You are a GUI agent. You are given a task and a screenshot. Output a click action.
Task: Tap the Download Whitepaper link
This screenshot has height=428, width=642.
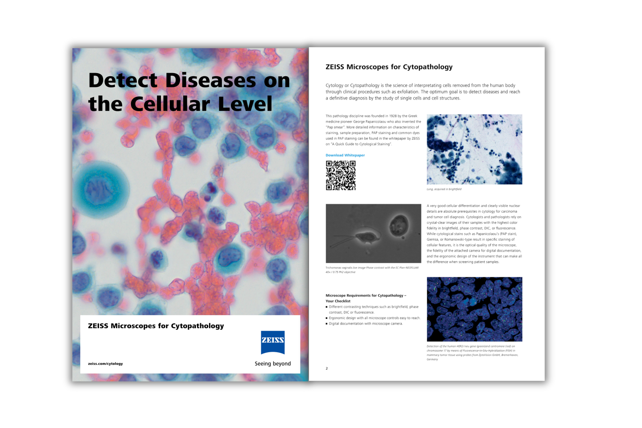[345, 155]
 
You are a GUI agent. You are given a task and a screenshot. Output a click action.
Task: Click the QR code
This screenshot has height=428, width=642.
[341, 176]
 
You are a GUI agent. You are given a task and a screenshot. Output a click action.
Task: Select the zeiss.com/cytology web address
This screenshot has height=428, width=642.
[105, 364]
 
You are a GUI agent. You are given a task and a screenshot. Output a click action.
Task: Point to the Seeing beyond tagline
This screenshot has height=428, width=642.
[272, 364]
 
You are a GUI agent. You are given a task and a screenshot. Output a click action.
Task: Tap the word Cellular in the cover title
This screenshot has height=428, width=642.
[170, 104]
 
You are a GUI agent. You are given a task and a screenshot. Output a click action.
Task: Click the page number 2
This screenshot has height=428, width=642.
[327, 369]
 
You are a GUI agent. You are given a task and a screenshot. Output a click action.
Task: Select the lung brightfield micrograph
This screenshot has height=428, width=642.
[474, 149]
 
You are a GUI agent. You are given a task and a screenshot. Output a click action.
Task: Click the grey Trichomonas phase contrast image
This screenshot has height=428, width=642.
[373, 234]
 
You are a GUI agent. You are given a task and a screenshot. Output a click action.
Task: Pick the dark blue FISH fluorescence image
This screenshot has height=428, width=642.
[474, 309]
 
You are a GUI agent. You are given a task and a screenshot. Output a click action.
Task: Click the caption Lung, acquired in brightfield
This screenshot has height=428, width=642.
[444, 189]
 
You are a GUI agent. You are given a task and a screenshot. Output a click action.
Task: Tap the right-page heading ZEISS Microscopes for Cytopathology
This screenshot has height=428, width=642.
[389, 67]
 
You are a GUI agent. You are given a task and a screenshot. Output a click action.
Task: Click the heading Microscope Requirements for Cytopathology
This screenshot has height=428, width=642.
[366, 296]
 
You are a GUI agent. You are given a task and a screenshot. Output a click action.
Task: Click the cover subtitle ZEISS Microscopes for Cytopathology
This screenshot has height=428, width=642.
[156, 326]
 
